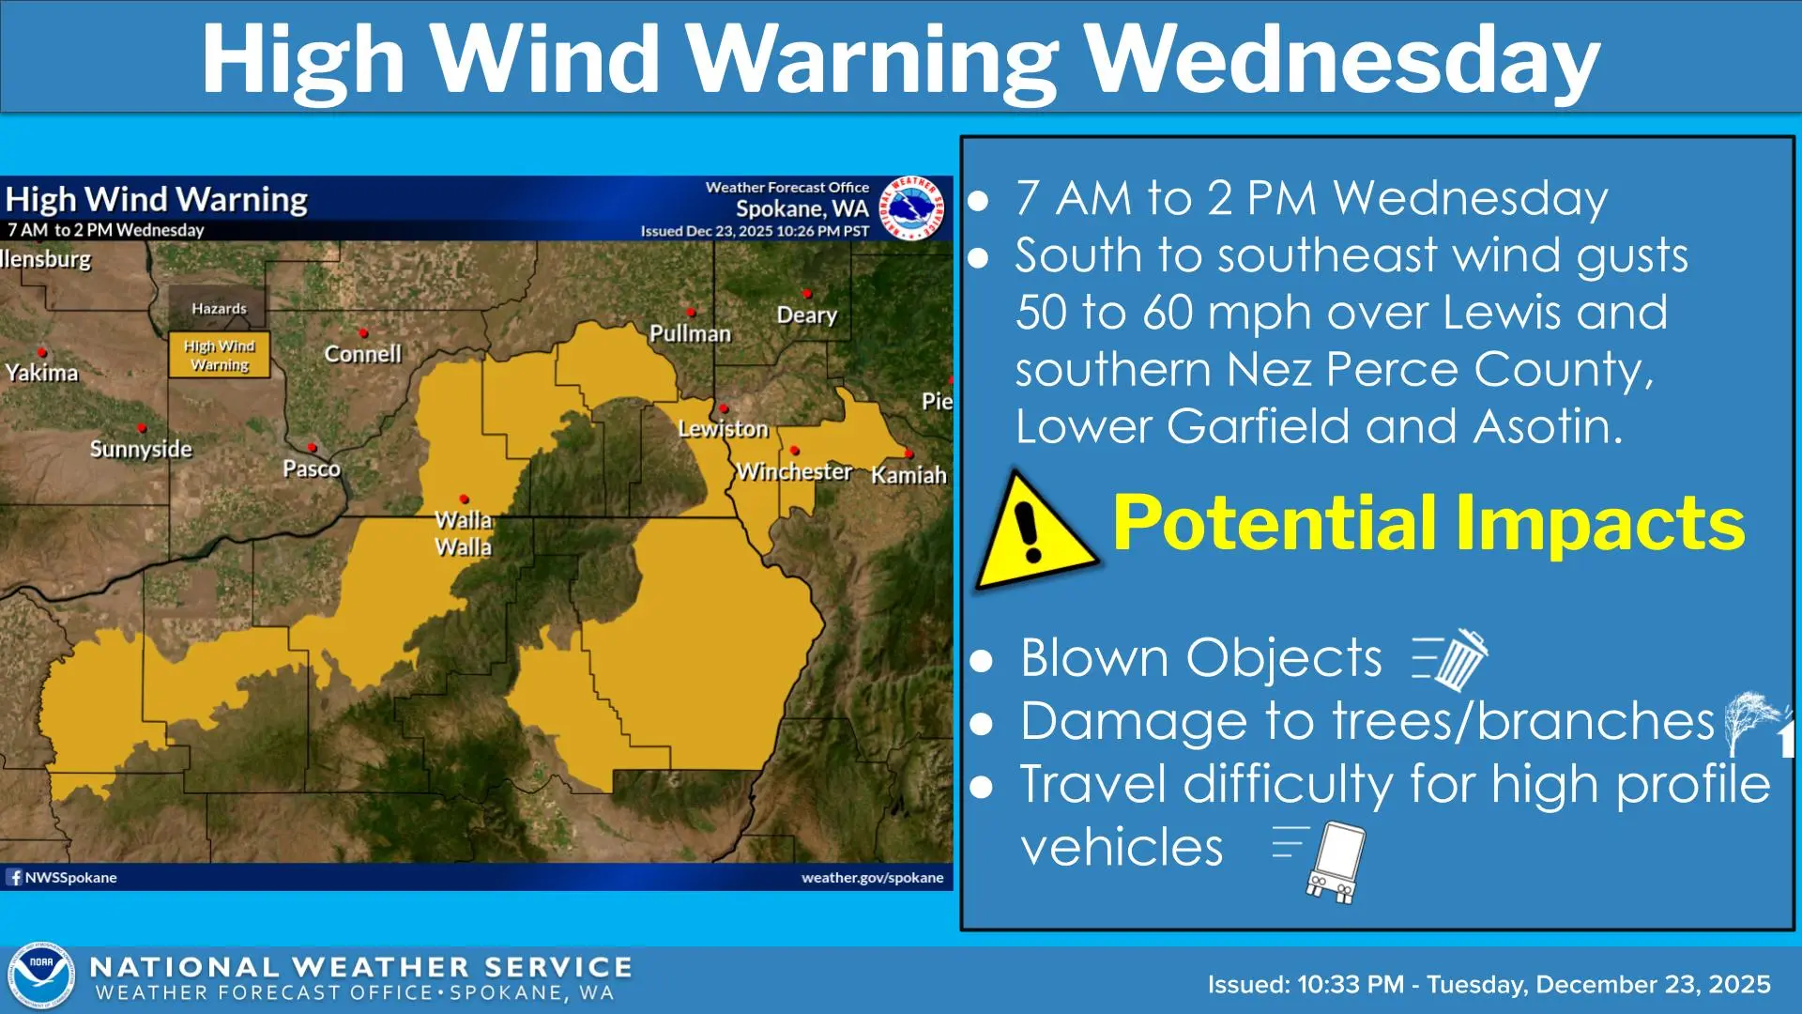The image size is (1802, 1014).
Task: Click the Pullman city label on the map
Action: click(x=690, y=333)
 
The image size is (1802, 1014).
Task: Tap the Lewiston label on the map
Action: click(x=723, y=429)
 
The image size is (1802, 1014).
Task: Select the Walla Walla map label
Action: click(x=463, y=533)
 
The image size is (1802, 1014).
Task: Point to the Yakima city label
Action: click(x=41, y=373)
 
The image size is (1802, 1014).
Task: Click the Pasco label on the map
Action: click(x=312, y=469)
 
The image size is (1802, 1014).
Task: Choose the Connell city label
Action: click(x=362, y=354)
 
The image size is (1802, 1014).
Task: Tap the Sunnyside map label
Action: click(x=141, y=449)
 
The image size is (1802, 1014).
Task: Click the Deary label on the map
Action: click(x=806, y=315)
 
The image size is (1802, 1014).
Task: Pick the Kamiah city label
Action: click(x=908, y=475)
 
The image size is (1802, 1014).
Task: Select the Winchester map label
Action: click(x=794, y=471)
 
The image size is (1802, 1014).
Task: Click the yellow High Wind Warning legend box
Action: click(x=220, y=355)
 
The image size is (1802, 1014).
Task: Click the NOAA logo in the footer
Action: click(x=41, y=977)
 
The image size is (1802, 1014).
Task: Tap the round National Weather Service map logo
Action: click(x=909, y=207)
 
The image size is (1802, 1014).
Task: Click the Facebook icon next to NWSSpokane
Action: click(x=14, y=877)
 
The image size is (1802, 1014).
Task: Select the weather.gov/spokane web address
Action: click(x=872, y=877)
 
